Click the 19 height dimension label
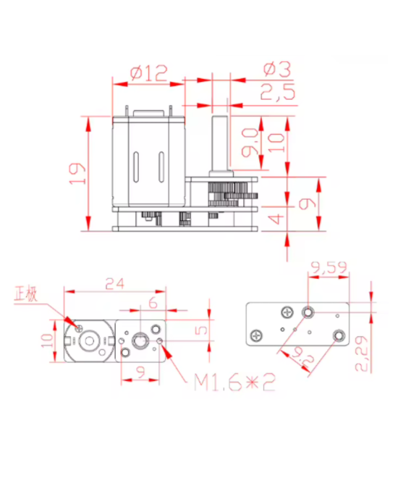pyautogui.click(x=77, y=172)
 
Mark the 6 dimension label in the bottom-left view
pyautogui.click(x=153, y=303)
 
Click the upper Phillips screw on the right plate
pyautogui.click(x=287, y=312)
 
